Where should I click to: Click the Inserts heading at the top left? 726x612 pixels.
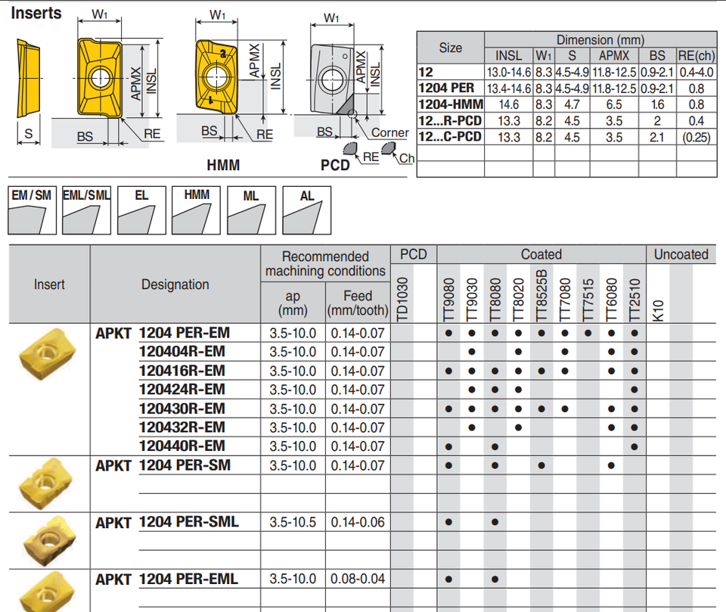tap(36, 13)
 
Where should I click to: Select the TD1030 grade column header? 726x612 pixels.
tap(402, 299)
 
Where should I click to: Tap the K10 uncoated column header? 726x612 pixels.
tap(658, 310)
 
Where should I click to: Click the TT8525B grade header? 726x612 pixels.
tap(541, 295)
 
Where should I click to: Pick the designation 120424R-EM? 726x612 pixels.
tap(182, 390)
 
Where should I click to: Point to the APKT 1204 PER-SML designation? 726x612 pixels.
tap(167, 522)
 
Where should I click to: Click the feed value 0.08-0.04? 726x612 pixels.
tap(358, 579)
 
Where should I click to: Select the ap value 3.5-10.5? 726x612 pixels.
tap(293, 522)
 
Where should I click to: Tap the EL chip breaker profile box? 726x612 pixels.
tap(141, 210)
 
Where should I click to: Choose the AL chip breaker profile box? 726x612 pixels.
tap(306, 210)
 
